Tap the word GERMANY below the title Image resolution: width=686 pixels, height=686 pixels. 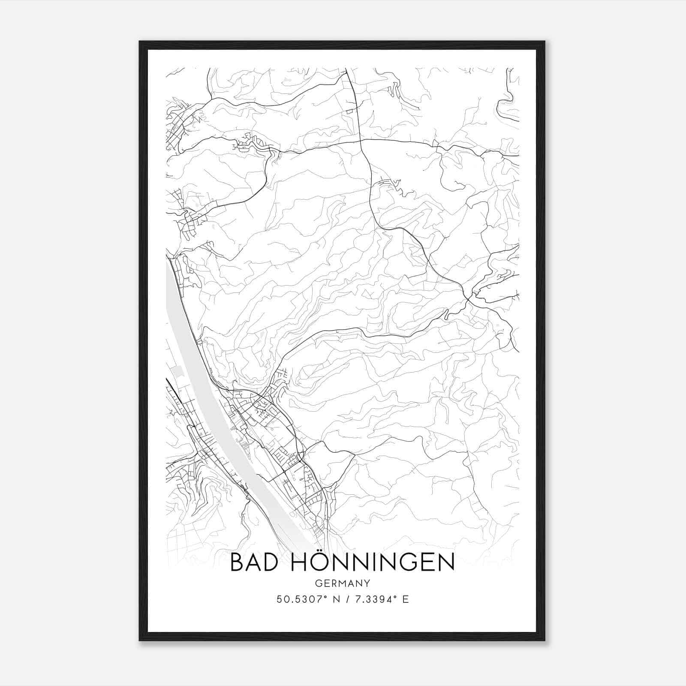point(343,583)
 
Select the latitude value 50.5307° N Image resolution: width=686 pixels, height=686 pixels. point(307,599)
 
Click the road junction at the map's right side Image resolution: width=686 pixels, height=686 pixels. point(469,297)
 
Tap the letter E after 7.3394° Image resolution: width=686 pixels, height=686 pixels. point(405,599)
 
